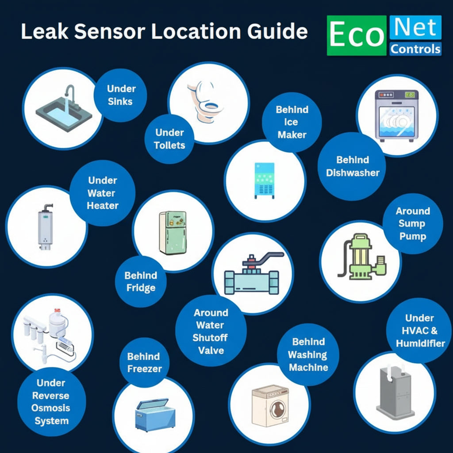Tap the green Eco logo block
pos(357,35)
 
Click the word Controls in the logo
pos(415,49)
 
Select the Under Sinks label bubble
pos(120,95)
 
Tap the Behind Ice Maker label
pos(292,122)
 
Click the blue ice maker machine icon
pos(265,180)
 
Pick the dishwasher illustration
pos(397,115)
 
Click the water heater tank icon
pos(46,227)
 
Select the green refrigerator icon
pos(173,233)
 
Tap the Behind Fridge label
pos(141,281)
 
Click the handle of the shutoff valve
pos(263,258)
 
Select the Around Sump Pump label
pos(413,223)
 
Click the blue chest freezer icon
pos(155,415)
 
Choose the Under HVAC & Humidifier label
pos(420,330)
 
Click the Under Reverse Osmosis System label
pos(51,402)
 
